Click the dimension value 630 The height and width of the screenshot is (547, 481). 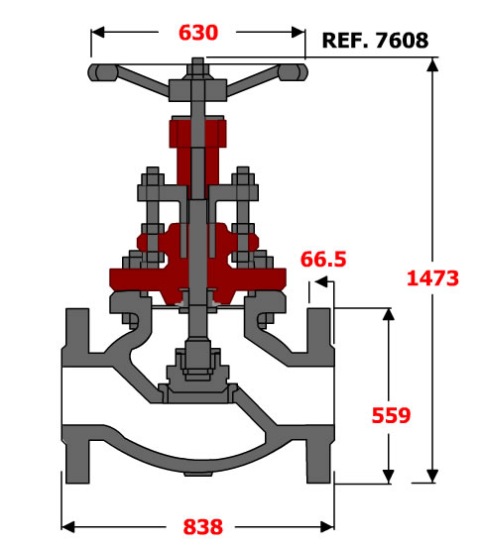pos(198,33)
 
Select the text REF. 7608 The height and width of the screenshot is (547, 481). pos(375,40)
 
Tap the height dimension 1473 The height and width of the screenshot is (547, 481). pos(432,278)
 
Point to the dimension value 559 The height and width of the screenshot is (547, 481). pos(391,415)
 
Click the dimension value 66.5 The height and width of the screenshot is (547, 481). pos(323,260)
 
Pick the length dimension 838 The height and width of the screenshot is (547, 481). pos(203,527)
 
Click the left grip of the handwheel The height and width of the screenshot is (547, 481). pos(102,72)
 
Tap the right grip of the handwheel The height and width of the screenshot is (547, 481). pos(293,72)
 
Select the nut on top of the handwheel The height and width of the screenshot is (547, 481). pos(198,69)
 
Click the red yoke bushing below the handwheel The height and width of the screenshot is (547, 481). pos(198,134)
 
